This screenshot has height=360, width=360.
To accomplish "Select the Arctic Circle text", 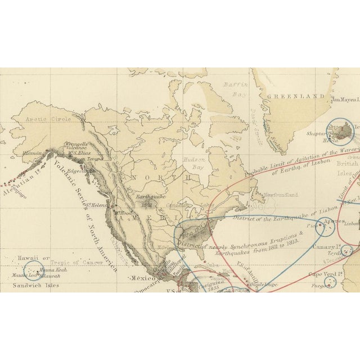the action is coord(54,119).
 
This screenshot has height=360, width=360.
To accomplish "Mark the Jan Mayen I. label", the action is coord(344,100).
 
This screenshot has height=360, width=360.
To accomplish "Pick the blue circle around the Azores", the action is coord(325,227).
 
